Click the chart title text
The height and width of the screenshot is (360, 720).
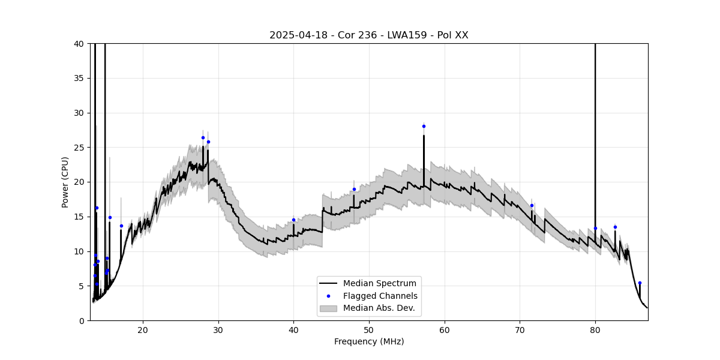click(368, 35)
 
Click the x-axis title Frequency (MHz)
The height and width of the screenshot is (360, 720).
click(368, 341)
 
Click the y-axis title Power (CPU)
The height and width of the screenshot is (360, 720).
click(65, 182)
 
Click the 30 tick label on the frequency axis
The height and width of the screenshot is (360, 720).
click(218, 329)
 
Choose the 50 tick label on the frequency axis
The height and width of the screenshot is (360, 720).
click(369, 329)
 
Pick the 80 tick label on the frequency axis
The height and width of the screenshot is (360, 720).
click(595, 329)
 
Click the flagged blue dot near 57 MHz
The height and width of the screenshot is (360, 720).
click(424, 126)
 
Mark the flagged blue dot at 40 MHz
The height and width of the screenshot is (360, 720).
click(293, 220)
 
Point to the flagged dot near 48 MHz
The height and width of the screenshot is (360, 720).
click(354, 189)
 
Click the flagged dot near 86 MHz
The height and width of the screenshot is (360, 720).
click(640, 283)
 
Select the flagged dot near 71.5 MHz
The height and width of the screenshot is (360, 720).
click(532, 205)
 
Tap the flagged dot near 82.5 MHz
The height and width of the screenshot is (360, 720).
click(615, 227)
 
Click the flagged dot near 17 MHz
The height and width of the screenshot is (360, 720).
click(121, 226)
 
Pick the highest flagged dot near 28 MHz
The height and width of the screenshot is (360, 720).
click(203, 137)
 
